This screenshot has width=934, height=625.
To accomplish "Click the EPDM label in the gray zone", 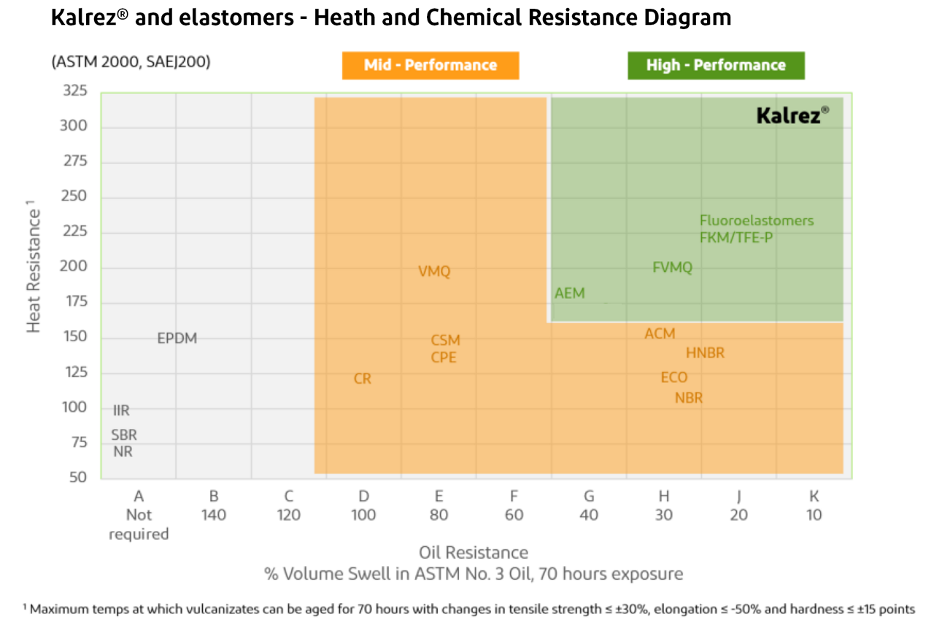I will pos(177,338).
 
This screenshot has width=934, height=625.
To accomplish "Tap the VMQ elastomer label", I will pos(434,271).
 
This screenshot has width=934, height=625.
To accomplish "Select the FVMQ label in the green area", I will pos(672,268).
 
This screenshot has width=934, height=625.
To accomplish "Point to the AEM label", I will pos(570,293).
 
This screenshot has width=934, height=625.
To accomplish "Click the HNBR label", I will pos(705,353).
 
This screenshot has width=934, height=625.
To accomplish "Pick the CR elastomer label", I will pos(363,379).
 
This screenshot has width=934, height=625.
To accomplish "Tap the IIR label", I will pos(121,411).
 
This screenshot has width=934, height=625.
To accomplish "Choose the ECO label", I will pos(674,378).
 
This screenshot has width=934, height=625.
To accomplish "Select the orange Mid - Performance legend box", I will pos(431,65).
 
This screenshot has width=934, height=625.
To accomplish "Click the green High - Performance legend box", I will pos(716,65).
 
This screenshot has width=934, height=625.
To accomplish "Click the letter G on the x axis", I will pos(589,497).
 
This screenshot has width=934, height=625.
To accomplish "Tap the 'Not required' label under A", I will pos(139,524).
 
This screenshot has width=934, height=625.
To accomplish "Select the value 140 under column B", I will pos(214,515).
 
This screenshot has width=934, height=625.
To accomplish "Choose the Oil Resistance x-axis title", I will pos(474,552).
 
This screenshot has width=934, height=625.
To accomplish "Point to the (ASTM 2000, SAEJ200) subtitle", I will pos(131,62).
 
